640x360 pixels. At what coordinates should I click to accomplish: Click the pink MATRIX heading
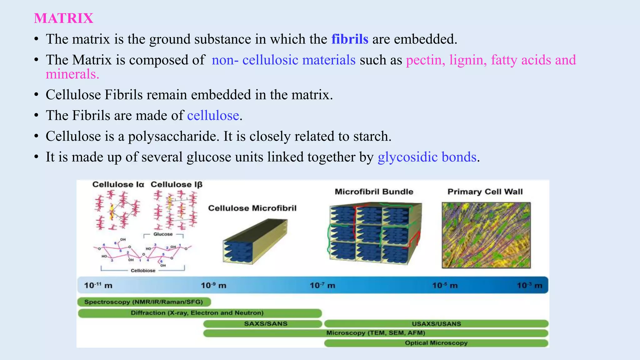63,18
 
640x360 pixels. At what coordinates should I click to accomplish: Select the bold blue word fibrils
350,39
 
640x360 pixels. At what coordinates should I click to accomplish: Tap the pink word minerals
72,74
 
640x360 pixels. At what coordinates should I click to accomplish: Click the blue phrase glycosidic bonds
427,157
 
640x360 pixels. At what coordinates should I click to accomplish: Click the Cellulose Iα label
118,184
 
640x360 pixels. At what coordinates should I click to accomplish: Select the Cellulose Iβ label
176,184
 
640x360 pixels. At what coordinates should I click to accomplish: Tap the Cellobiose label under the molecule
143,271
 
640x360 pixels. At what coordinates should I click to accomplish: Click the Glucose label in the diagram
163,234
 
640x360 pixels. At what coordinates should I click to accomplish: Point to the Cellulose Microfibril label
252,208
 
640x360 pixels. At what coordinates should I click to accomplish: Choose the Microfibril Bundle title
374,192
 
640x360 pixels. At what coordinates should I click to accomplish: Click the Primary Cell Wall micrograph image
486,235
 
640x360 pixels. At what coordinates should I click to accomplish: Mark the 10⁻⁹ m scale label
213,285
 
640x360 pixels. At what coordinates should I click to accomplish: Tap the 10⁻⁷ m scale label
322,285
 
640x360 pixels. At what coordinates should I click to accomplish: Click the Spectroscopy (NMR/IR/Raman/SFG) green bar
144,302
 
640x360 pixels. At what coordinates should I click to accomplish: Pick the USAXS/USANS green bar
436,324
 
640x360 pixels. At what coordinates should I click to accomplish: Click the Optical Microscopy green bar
436,343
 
